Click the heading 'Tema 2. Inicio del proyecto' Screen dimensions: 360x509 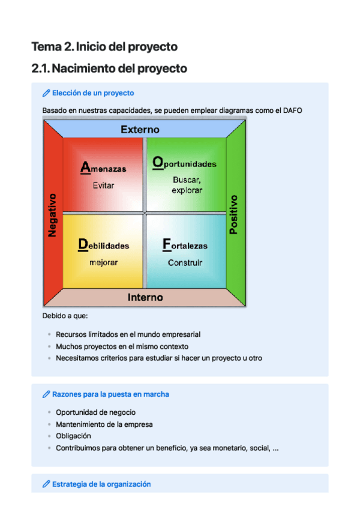104,46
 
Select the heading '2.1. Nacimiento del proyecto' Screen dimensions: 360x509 109,68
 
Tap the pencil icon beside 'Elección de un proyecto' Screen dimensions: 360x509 46,93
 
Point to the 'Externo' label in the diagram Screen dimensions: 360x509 140,129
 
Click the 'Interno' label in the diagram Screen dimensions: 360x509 145,297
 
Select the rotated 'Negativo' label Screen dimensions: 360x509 53,214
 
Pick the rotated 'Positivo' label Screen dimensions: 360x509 233,214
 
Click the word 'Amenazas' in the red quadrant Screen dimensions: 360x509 103,169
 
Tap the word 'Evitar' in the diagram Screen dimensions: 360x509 103,185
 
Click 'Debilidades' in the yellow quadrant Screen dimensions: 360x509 103,245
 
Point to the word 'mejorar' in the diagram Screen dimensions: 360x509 103,262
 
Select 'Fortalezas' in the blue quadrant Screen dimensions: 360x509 185,245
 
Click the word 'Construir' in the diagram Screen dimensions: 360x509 185,262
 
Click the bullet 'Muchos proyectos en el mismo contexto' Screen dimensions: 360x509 122,346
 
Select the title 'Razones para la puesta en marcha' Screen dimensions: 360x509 110,394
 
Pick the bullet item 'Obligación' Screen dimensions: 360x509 73,436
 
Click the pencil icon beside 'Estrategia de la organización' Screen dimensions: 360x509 46,484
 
